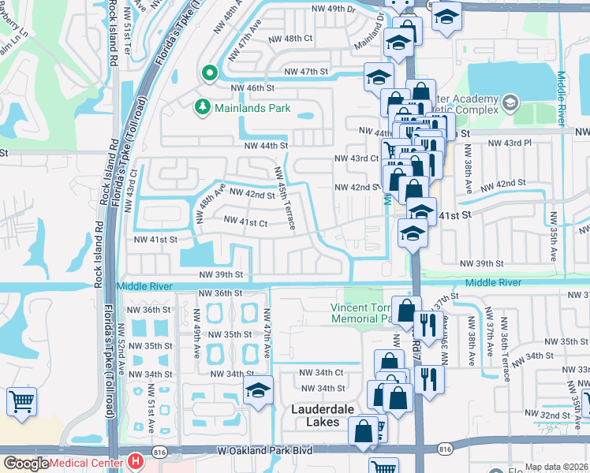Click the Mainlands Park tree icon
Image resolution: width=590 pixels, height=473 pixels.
tap(203, 106)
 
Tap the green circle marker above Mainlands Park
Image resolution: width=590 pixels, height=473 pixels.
tap(210, 74)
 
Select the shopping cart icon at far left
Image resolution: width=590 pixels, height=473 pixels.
tap(21, 400)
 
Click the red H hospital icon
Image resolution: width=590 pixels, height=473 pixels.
tap(136, 460)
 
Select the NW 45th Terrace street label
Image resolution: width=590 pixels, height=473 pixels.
tap(284, 199)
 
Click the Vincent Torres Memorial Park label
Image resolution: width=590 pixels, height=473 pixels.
tap(361, 313)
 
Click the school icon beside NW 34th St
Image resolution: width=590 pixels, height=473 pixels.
tap(258, 391)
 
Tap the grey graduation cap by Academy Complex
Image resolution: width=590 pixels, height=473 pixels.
tap(510, 102)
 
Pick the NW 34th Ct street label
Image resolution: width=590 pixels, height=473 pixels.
tap(321, 372)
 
